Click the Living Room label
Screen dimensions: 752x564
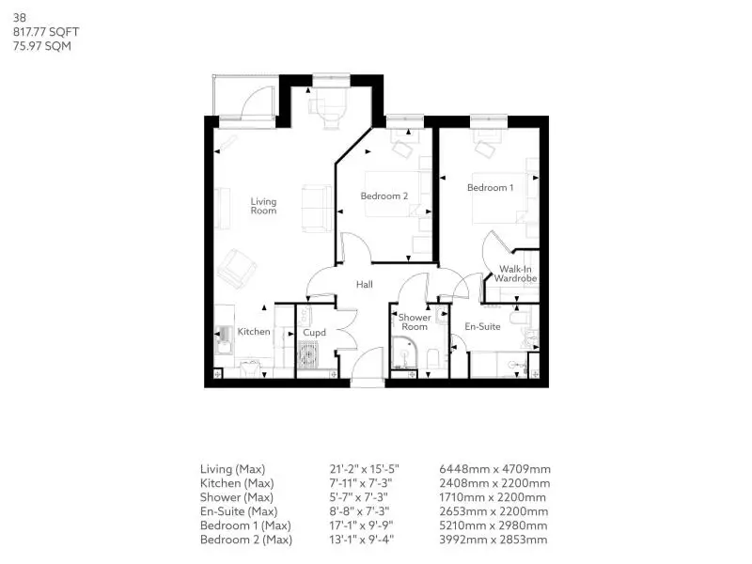pyautogui.click(x=263, y=206)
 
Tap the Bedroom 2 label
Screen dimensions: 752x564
pyautogui.click(x=384, y=196)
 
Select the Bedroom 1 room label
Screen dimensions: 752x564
pyautogui.click(x=490, y=187)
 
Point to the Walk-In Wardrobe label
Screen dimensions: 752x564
pyautogui.click(x=515, y=274)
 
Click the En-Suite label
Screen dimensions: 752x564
pyautogui.click(x=482, y=326)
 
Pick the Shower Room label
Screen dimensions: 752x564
pyautogui.click(x=415, y=321)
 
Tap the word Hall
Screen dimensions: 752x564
pyautogui.click(x=365, y=285)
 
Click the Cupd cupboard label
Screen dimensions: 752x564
pyautogui.click(x=314, y=333)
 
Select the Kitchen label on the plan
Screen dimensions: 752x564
pyautogui.click(x=254, y=332)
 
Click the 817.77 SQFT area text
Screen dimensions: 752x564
pyautogui.click(x=46, y=32)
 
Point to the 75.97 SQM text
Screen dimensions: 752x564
pyautogui.click(x=42, y=46)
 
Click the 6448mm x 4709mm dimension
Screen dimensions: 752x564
pyautogui.click(x=495, y=469)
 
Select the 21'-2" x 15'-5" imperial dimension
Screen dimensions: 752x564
pyautogui.click(x=364, y=469)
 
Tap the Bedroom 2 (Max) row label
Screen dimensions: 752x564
pyautogui.click(x=246, y=540)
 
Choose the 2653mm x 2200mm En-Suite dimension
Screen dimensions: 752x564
pyautogui.click(x=493, y=511)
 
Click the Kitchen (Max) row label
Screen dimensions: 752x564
pyautogui.click(x=237, y=483)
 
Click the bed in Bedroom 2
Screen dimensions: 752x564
pyautogui.click(x=393, y=194)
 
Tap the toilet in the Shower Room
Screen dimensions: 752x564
pyautogui.click(x=432, y=359)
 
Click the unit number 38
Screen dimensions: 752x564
pyautogui.click(x=19, y=18)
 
